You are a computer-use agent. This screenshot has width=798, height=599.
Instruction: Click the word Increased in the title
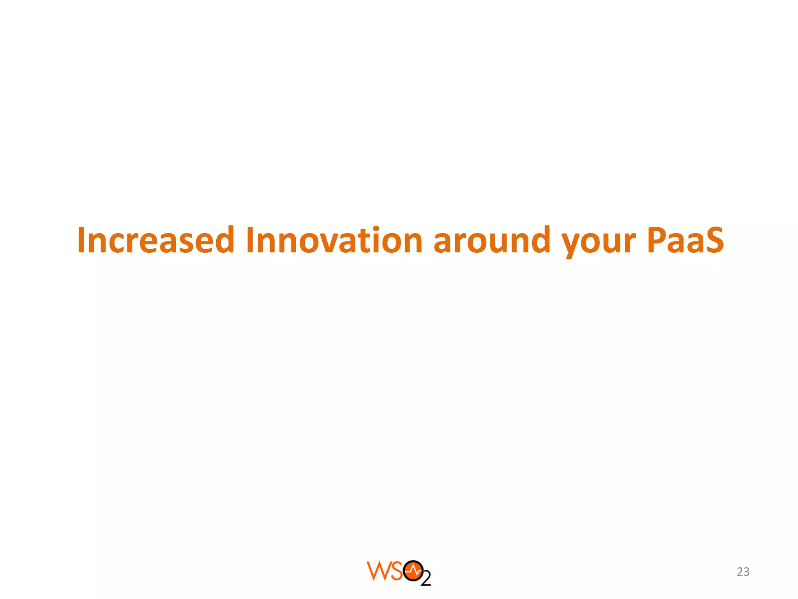pyautogui.click(x=155, y=240)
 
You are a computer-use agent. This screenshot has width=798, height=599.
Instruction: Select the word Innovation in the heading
pyautogui.click(x=334, y=240)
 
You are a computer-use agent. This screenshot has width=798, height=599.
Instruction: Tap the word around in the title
pyautogui.click(x=492, y=240)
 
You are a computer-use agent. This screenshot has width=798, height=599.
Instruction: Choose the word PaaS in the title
pyautogui.click(x=685, y=240)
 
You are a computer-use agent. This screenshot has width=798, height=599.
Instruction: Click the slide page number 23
pyautogui.click(x=743, y=572)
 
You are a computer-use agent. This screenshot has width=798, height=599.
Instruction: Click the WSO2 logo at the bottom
pyautogui.click(x=399, y=572)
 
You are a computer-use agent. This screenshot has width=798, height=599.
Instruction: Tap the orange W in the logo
pyautogui.click(x=376, y=571)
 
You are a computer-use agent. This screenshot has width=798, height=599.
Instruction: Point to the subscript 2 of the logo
pyautogui.click(x=426, y=580)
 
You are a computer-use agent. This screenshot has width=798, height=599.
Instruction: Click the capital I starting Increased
pyautogui.click(x=81, y=240)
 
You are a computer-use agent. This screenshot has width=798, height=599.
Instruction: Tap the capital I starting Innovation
pyautogui.click(x=250, y=240)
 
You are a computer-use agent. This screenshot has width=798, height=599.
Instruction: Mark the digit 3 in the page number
pyautogui.click(x=747, y=572)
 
